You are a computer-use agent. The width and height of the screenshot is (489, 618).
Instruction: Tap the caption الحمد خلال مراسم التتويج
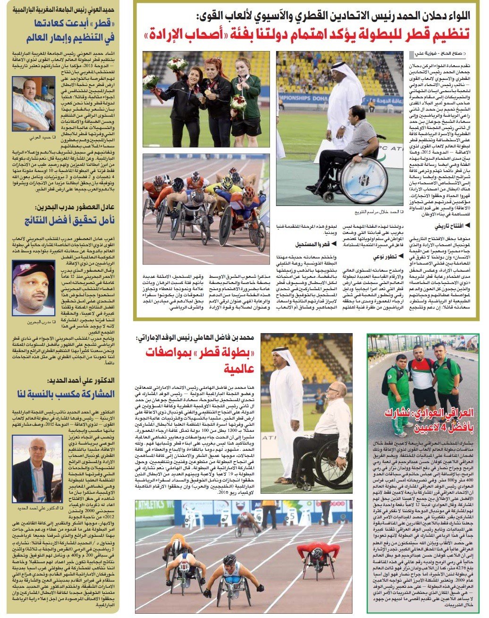(x=370, y=212)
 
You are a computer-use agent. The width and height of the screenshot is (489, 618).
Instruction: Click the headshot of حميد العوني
(x=34, y=103)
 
